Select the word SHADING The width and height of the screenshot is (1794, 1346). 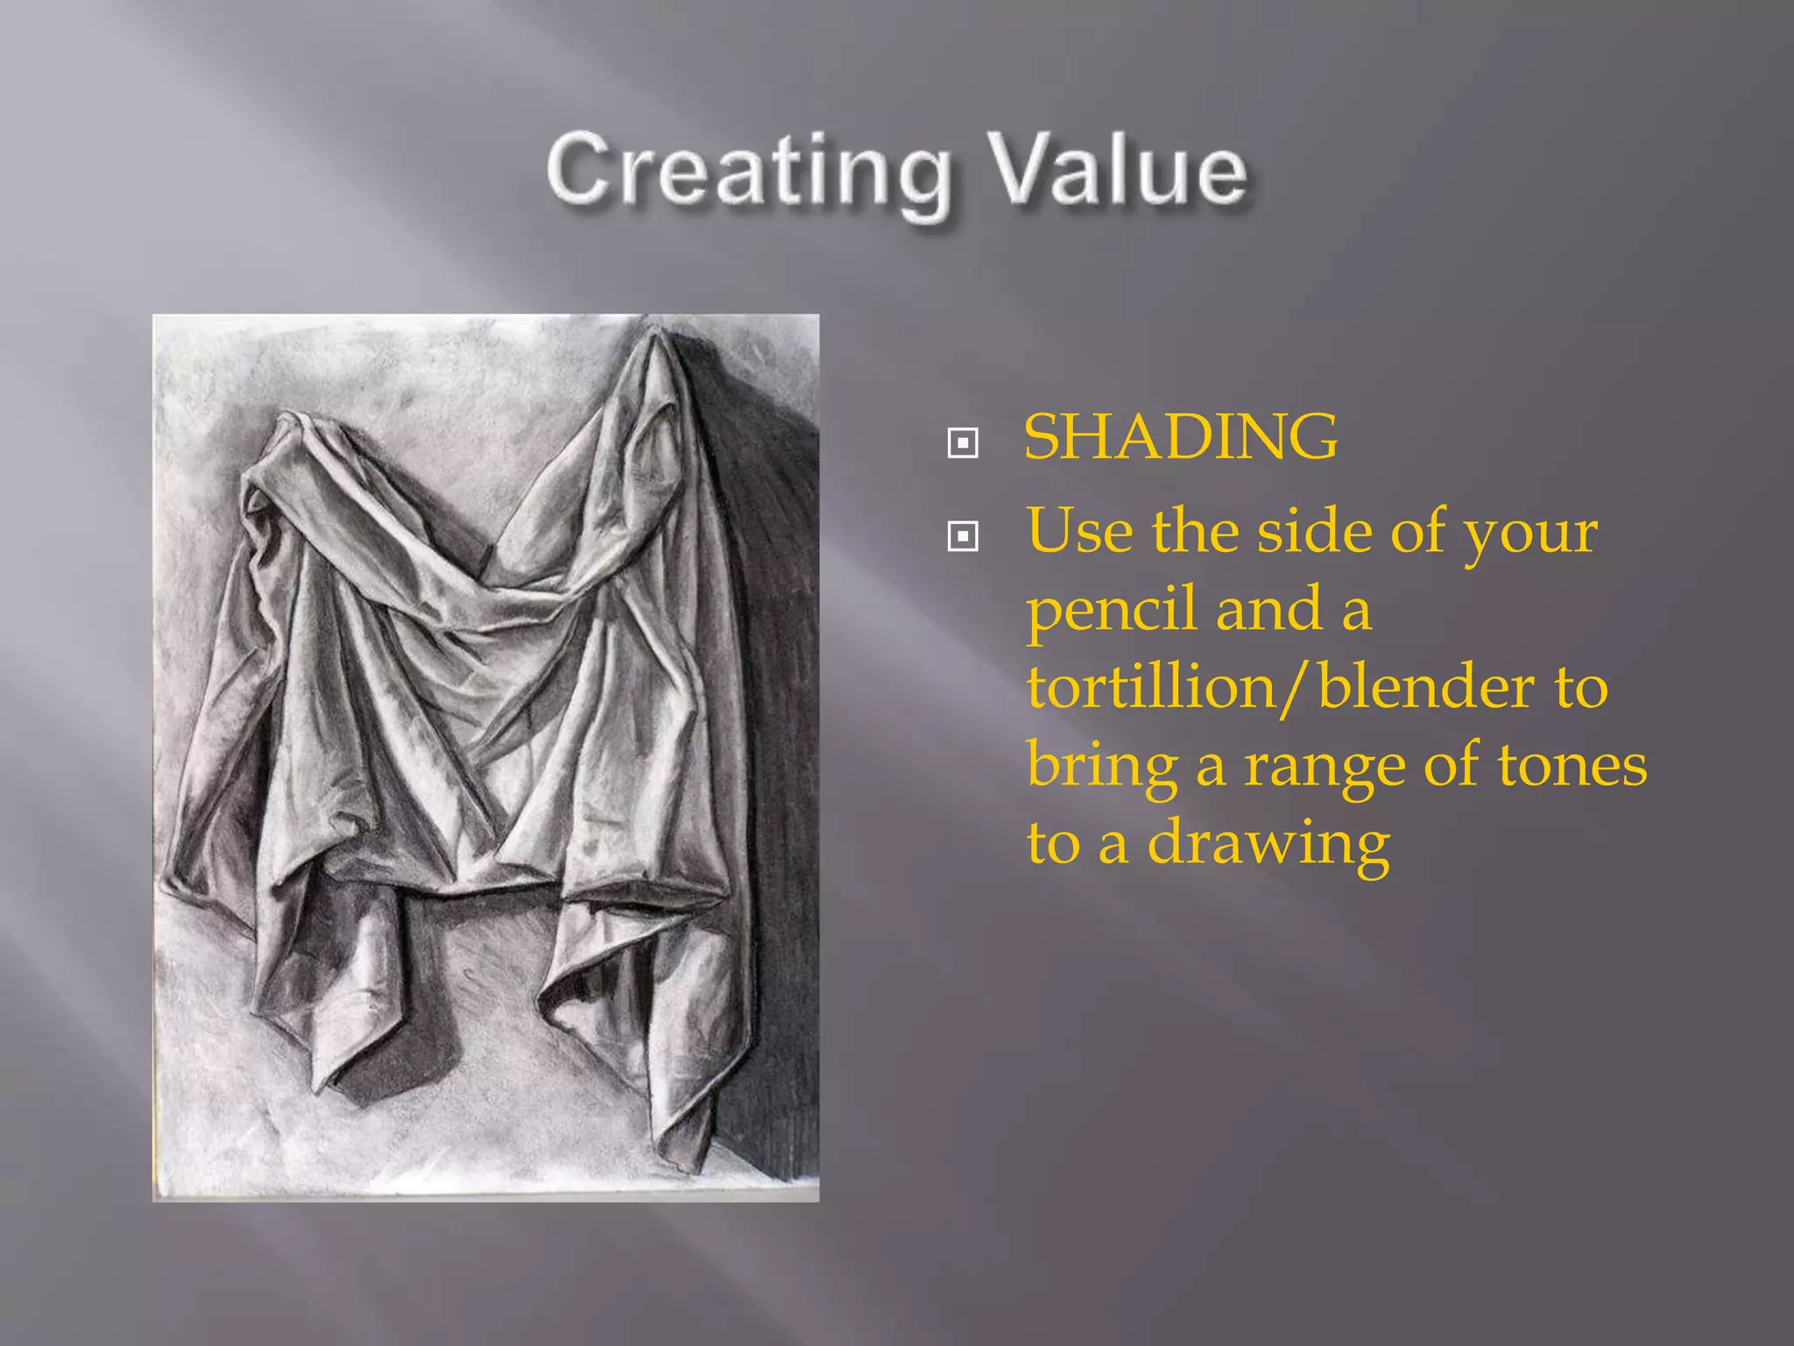click(1181, 436)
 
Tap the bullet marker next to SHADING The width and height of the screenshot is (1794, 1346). click(963, 443)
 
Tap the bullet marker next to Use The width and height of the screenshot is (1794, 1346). click(963, 535)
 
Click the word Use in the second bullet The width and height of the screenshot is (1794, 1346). click(1079, 532)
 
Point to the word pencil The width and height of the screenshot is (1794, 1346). click(1112, 611)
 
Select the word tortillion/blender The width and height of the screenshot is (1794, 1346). click(1280, 688)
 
